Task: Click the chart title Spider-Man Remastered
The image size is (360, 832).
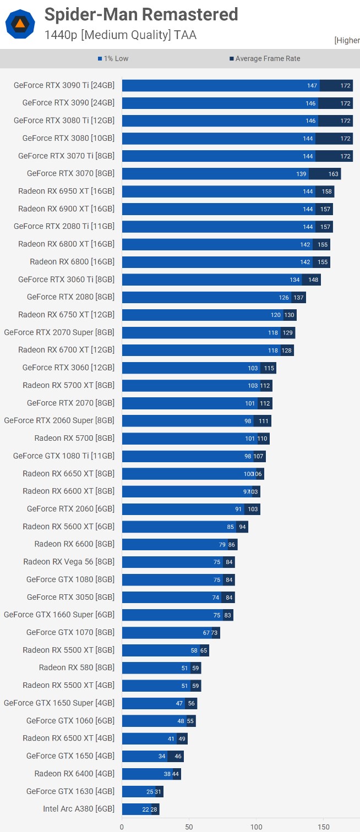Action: tap(141, 14)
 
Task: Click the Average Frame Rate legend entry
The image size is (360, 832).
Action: tap(265, 59)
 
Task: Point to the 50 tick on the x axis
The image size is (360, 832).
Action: tap(189, 826)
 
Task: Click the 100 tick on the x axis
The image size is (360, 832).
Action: tap(257, 826)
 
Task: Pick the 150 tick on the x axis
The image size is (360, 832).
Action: tap(324, 826)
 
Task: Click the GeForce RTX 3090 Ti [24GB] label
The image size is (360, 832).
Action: tap(64, 85)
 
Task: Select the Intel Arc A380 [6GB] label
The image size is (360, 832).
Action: tap(79, 809)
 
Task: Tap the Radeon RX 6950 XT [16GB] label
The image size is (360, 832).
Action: tap(66, 191)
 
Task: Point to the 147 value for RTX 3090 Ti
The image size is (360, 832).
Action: tap(313, 85)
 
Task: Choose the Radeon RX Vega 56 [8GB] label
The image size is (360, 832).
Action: tap(69, 562)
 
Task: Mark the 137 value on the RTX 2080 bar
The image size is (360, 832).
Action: tap(298, 298)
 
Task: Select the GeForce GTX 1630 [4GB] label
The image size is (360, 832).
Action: tap(70, 791)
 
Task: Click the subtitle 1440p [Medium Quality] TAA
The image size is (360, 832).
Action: tap(120, 35)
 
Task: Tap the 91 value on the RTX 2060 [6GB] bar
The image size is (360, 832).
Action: tap(238, 510)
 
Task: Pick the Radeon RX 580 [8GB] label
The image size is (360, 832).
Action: tap(77, 667)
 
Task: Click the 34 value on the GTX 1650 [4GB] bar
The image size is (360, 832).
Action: tap(162, 756)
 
